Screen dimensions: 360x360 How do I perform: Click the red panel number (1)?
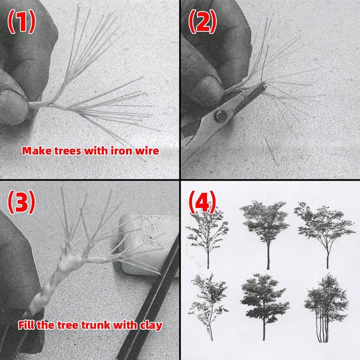22,21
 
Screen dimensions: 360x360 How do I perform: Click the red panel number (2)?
202,21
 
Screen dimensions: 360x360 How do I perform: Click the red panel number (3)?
21,202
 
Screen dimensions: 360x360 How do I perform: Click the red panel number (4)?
202,202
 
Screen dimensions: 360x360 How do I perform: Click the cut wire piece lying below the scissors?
271,152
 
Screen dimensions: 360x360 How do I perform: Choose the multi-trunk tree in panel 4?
326,308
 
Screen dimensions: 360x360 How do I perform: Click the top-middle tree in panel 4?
266,234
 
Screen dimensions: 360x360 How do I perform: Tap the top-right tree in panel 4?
325,235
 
